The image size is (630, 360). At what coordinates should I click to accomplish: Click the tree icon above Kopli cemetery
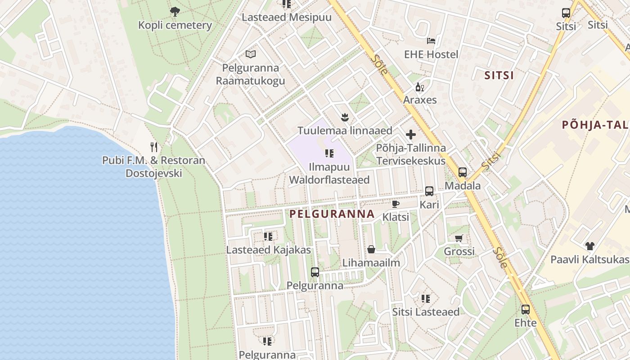(175, 12)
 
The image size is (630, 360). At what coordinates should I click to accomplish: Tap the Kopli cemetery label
(175, 25)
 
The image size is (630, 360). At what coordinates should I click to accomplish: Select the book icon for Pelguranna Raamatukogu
(251, 54)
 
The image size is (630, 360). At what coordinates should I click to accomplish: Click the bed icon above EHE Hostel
(431, 41)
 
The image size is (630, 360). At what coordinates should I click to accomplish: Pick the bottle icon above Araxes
(419, 87)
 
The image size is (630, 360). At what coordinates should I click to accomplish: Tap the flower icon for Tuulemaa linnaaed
(345, 117)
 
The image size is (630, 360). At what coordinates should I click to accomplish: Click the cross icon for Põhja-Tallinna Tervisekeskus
(411, 134)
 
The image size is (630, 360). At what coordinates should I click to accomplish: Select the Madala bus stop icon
(462, 172)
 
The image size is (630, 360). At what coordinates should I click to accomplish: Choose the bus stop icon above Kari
(429, 191)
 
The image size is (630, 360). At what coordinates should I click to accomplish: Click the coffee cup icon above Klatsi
(396, 204)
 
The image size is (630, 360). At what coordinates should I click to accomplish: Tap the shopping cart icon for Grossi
(459, 238)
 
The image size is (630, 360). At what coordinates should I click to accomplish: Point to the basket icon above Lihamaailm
(371, 249)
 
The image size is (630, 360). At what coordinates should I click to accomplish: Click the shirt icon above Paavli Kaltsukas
(589, 246)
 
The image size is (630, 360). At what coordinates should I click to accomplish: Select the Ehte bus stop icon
(525, 310)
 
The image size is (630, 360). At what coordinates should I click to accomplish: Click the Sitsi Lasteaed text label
(426, 312)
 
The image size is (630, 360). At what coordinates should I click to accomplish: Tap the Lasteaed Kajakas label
(269, 250)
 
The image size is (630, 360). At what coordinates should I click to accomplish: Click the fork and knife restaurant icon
(154, 147)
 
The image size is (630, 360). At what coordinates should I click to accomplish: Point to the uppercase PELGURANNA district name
(332, 214)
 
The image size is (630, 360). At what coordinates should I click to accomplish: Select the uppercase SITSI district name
(499, 75)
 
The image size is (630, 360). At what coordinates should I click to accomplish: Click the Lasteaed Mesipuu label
(287, 18)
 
